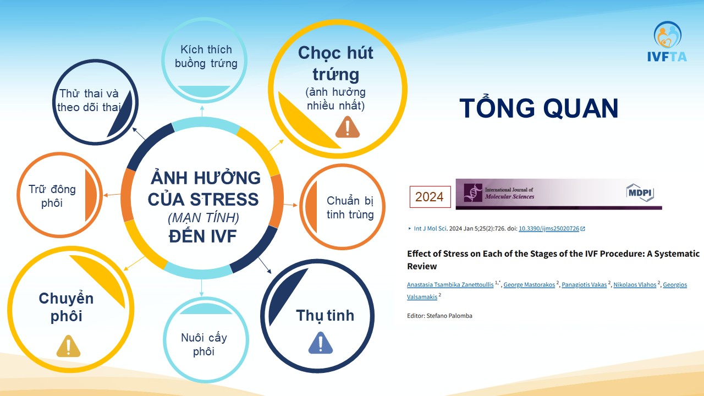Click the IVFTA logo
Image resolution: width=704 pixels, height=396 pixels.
[667, 41]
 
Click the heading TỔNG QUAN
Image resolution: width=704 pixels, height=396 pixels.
[539, 108]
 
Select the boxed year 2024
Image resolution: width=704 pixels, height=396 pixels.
[430, 197]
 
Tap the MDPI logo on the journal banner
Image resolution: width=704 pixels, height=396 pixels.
[640, 193]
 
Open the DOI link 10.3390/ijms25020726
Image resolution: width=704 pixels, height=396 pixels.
[549, 228]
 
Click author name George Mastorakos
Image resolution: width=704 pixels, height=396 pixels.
[529, 284]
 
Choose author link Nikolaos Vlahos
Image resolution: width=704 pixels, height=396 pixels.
[635, 284]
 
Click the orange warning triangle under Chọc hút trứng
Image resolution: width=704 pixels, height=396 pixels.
[347, 127]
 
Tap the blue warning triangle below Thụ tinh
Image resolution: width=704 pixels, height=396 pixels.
[321, 343]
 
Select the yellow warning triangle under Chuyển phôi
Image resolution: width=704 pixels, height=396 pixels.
[69, 346]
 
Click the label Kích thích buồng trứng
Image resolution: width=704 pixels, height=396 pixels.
[206, 56]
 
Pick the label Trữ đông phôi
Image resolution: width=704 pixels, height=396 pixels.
[52, 196]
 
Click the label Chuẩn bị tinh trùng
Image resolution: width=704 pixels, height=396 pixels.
[350, 207]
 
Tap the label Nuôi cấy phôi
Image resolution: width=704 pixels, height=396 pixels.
[204, 344]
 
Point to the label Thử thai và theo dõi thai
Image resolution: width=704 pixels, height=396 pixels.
[89, 100]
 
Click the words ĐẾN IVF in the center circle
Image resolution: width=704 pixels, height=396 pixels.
[203, 236]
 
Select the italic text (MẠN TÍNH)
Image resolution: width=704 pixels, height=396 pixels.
[204, 218]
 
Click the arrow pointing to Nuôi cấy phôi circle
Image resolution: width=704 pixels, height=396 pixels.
[201, 288]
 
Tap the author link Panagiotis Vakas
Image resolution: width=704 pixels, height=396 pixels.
[584, 284]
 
